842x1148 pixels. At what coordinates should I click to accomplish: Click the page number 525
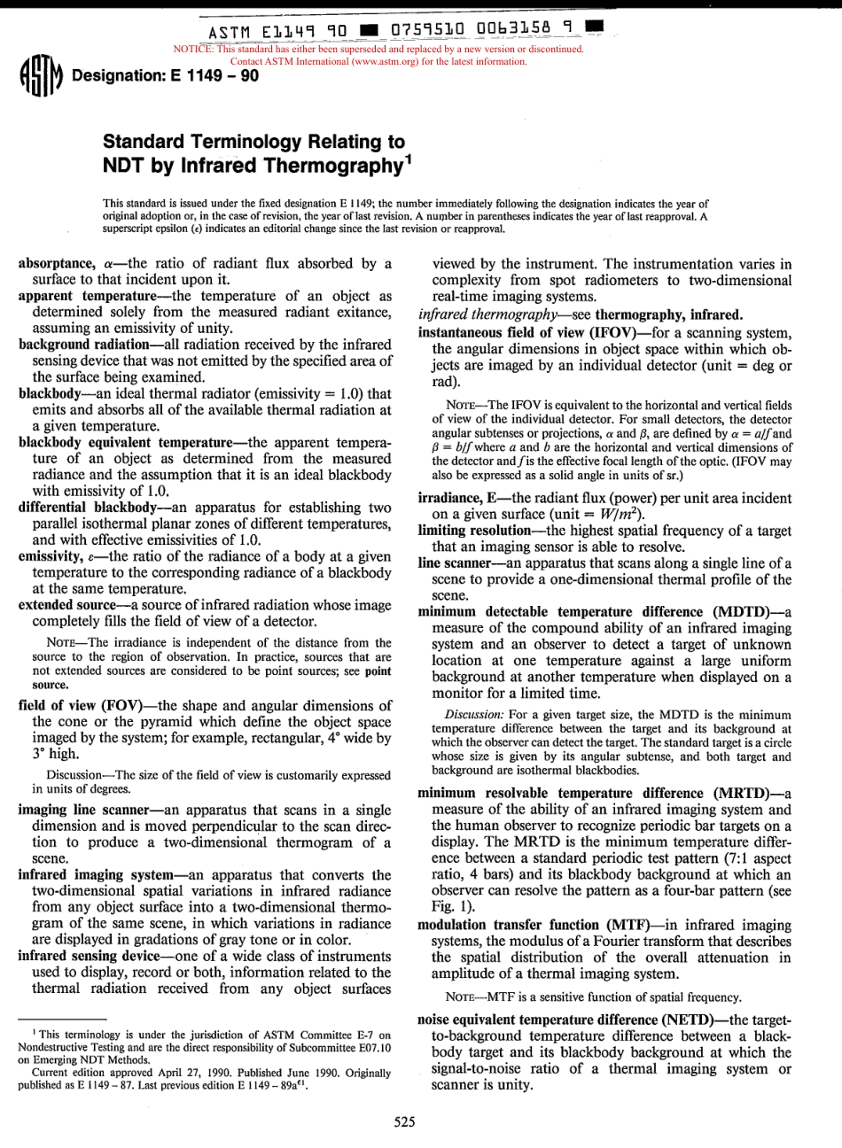(405, 1122)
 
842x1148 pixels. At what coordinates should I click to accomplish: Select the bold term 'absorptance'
(54, 263)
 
